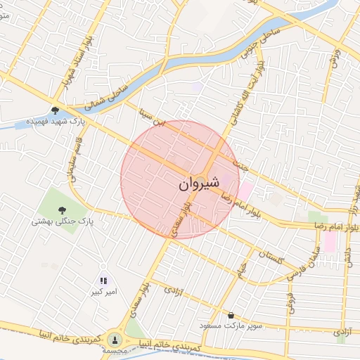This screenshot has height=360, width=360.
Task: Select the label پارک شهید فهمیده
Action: (56, 122)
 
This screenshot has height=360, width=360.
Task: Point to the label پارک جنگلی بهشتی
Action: (62, 221)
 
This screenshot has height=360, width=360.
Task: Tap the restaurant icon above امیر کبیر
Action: (104, 280)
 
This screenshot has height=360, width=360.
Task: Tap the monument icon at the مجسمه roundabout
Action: (115, 339)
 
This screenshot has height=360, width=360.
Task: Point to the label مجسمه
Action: (115, 350)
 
